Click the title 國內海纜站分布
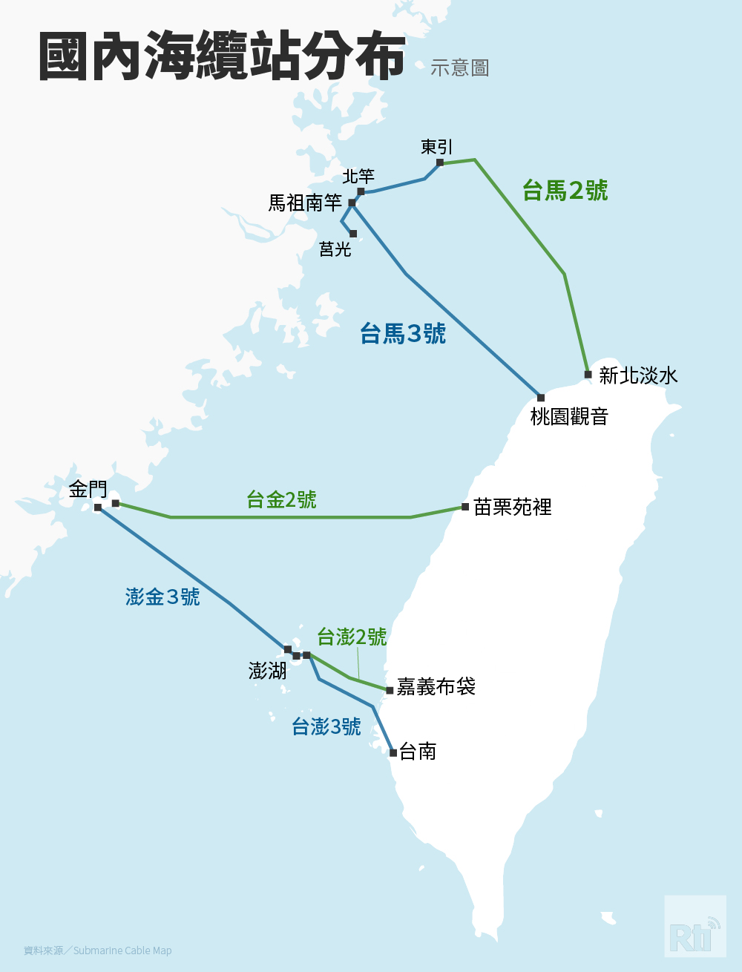point(222,56)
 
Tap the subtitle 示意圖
point(459,68)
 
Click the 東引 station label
point(436,147)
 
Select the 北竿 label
point(358,177)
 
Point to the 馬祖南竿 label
point(305,203)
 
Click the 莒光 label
point(335,249)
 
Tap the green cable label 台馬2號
point(565,191)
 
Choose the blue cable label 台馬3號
point(403,334)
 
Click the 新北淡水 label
point(638,375)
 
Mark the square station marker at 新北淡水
point(588,375)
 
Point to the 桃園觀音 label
point(569,417)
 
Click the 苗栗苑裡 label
point(513,508)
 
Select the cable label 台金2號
point(281,499)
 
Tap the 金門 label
point(88,489)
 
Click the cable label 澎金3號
point(162,597)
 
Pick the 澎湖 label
point(267,671)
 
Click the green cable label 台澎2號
point(352,637)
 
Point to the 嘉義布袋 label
point(436,687)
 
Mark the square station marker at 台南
point(393,753)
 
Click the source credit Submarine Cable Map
point(122,950)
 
